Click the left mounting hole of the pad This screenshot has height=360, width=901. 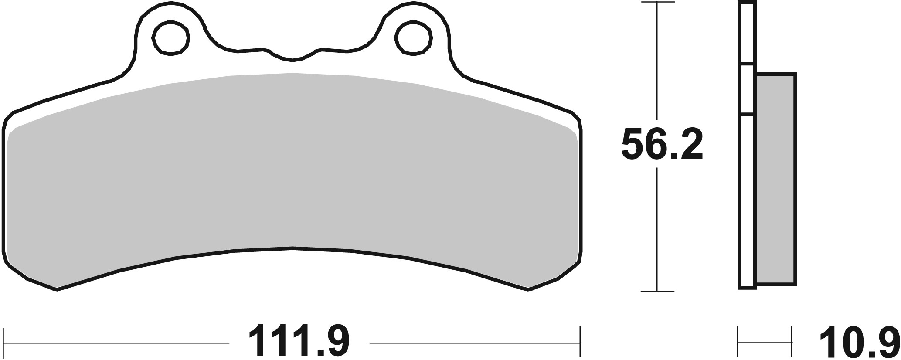[x=171, y=38]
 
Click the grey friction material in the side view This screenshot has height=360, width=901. [x=776, y=179]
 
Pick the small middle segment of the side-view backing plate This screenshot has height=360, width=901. [x=747, y=91]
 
